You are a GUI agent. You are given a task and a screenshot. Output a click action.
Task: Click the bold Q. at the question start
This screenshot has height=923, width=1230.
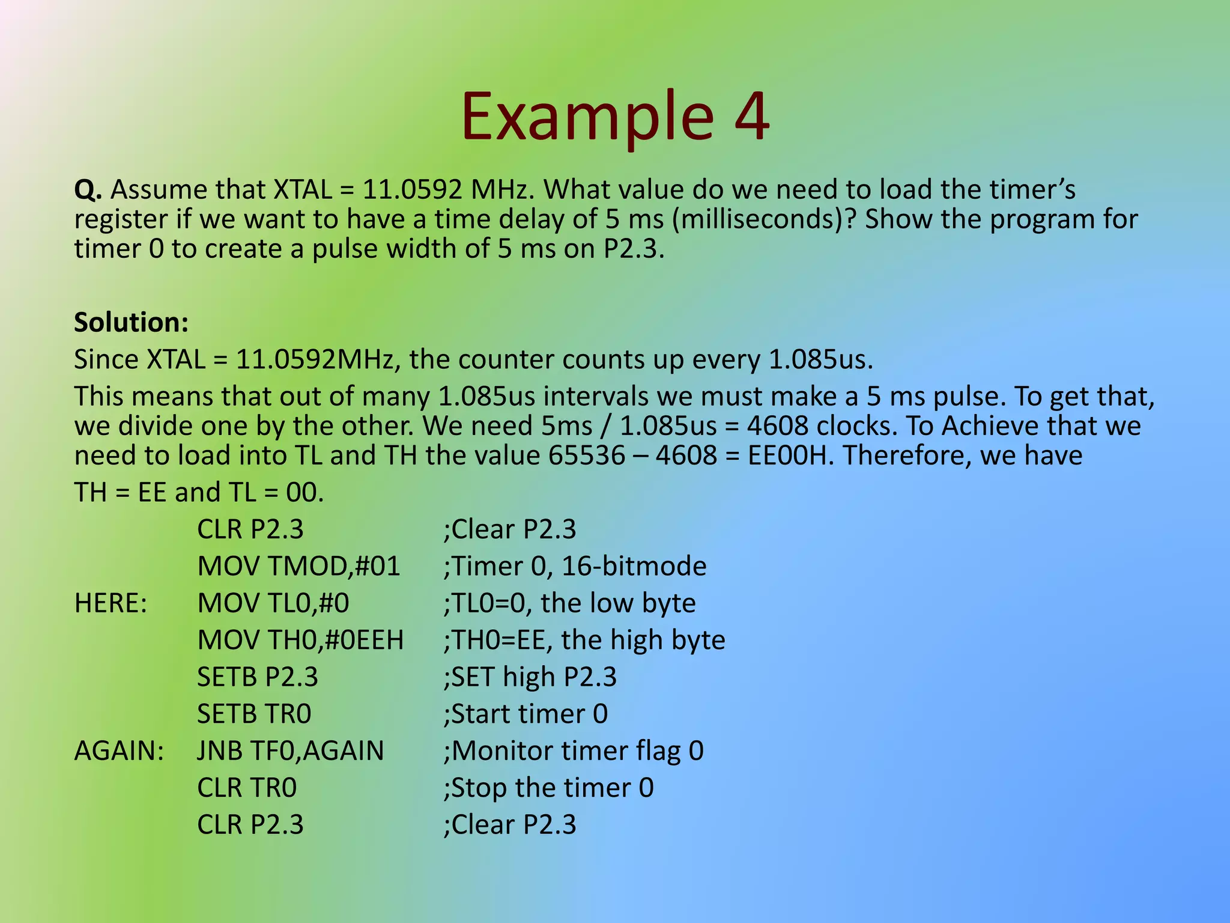point(88,190)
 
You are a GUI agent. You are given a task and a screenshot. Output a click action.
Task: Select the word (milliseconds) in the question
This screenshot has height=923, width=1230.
point(763,219)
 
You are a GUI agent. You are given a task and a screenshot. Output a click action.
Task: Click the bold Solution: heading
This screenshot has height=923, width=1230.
point(131,323)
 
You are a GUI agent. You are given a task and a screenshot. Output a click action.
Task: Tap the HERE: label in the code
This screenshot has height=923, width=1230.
point(111,603)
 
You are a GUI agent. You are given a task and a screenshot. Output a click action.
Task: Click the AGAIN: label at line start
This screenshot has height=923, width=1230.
point(119,751)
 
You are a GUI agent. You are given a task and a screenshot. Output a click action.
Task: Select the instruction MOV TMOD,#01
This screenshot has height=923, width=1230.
point(298,567)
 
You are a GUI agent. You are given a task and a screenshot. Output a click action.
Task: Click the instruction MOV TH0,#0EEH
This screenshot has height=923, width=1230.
point(300,641)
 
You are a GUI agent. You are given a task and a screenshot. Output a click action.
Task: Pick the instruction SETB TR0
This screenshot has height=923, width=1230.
point(254,714)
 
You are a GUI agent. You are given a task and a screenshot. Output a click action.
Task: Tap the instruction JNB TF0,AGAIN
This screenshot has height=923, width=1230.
point(290,751)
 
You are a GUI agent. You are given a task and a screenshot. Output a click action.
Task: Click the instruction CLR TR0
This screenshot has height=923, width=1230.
point(247,788)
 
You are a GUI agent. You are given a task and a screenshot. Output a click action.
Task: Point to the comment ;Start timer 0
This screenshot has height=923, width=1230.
point(526,714)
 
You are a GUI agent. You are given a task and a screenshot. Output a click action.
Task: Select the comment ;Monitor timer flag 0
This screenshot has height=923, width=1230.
point(573,751)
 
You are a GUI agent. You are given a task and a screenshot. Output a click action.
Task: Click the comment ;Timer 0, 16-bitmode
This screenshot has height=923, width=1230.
point(575,567)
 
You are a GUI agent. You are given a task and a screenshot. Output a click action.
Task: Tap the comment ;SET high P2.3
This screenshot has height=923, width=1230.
point(530,677)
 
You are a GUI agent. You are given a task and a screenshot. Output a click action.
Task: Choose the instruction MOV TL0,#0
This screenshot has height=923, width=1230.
point(273,603)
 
